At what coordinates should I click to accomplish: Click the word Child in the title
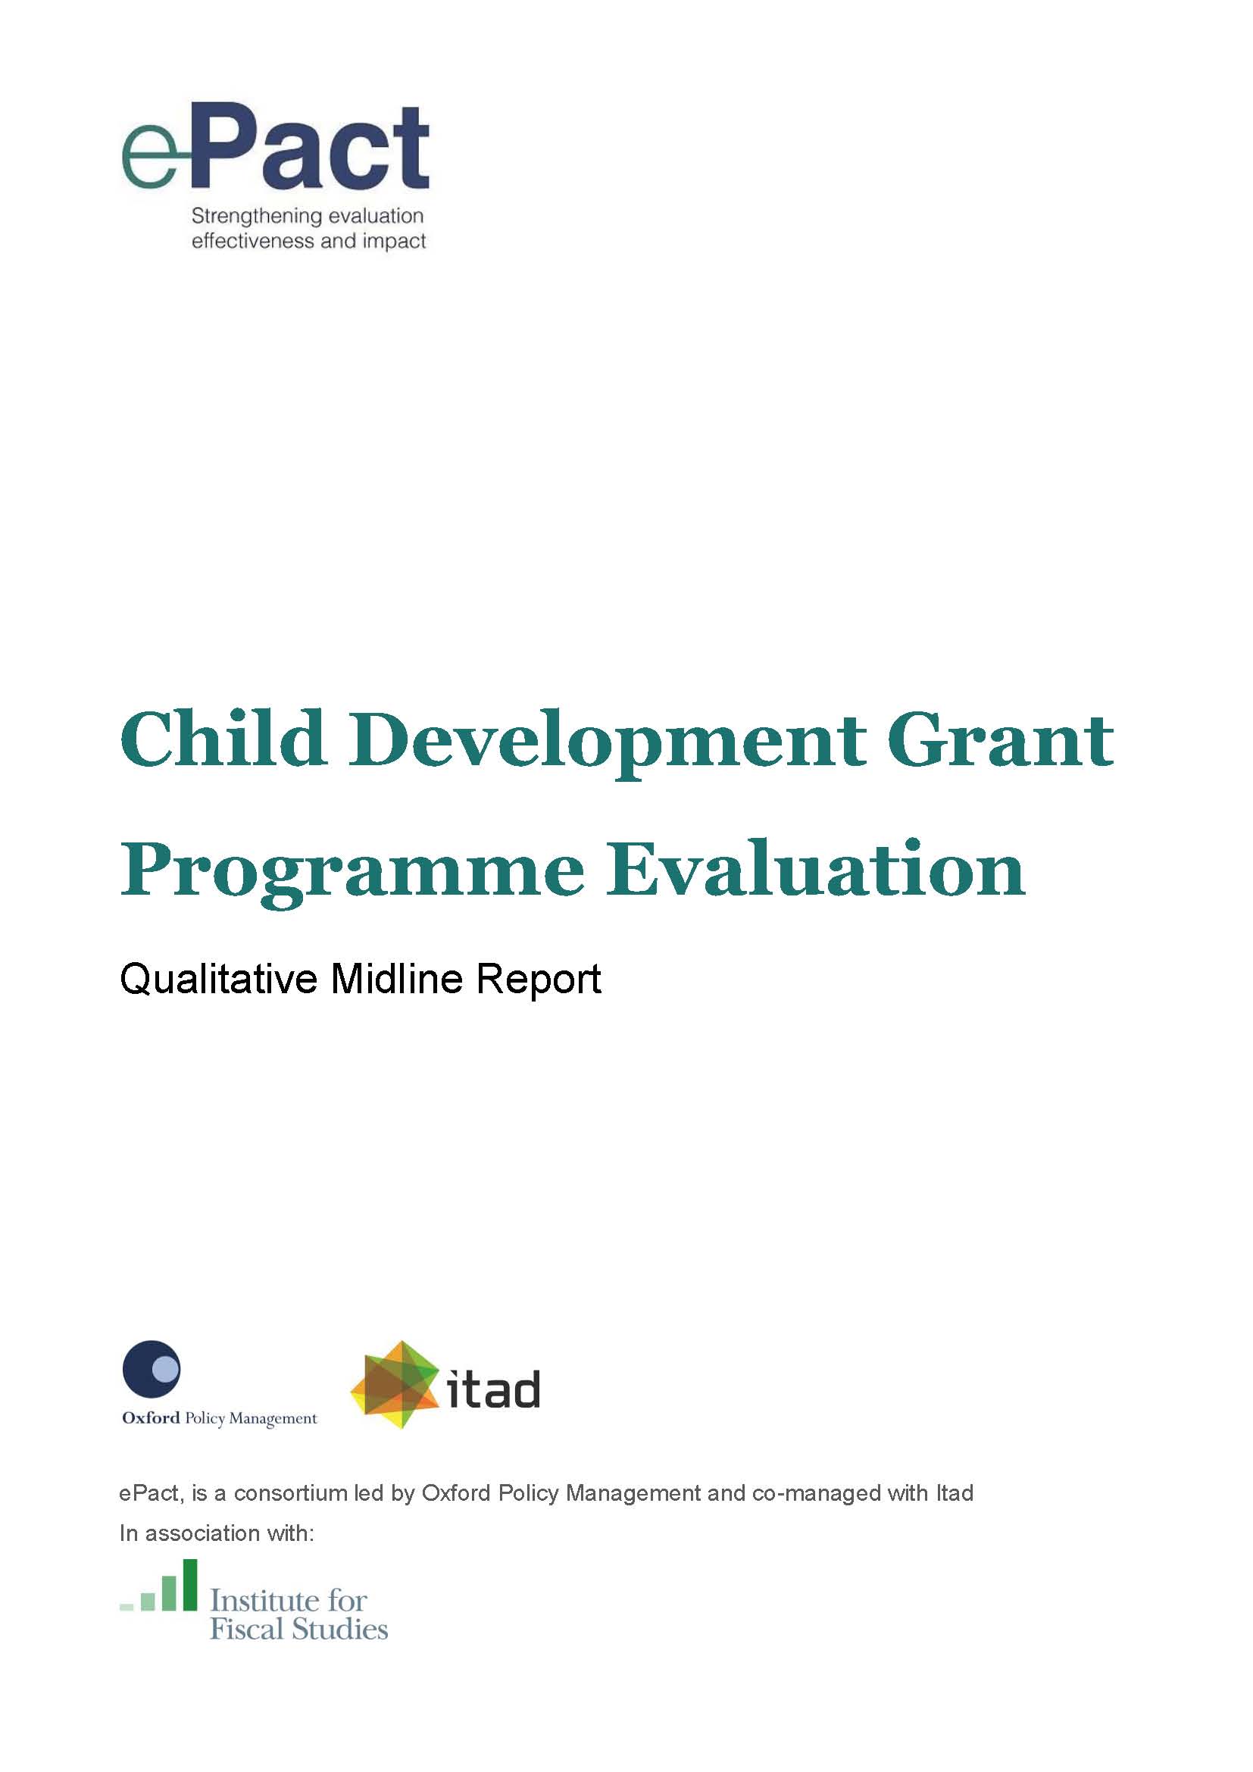[223, 739]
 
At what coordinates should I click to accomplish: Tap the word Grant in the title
[1000, 739]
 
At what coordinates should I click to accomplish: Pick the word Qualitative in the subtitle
[218, 980]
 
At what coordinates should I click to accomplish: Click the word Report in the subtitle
[539, 980]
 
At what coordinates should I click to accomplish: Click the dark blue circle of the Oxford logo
[152, 1369]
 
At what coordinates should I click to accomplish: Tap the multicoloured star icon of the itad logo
[392, 1385]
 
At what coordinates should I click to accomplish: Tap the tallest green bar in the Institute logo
[189, 1584]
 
